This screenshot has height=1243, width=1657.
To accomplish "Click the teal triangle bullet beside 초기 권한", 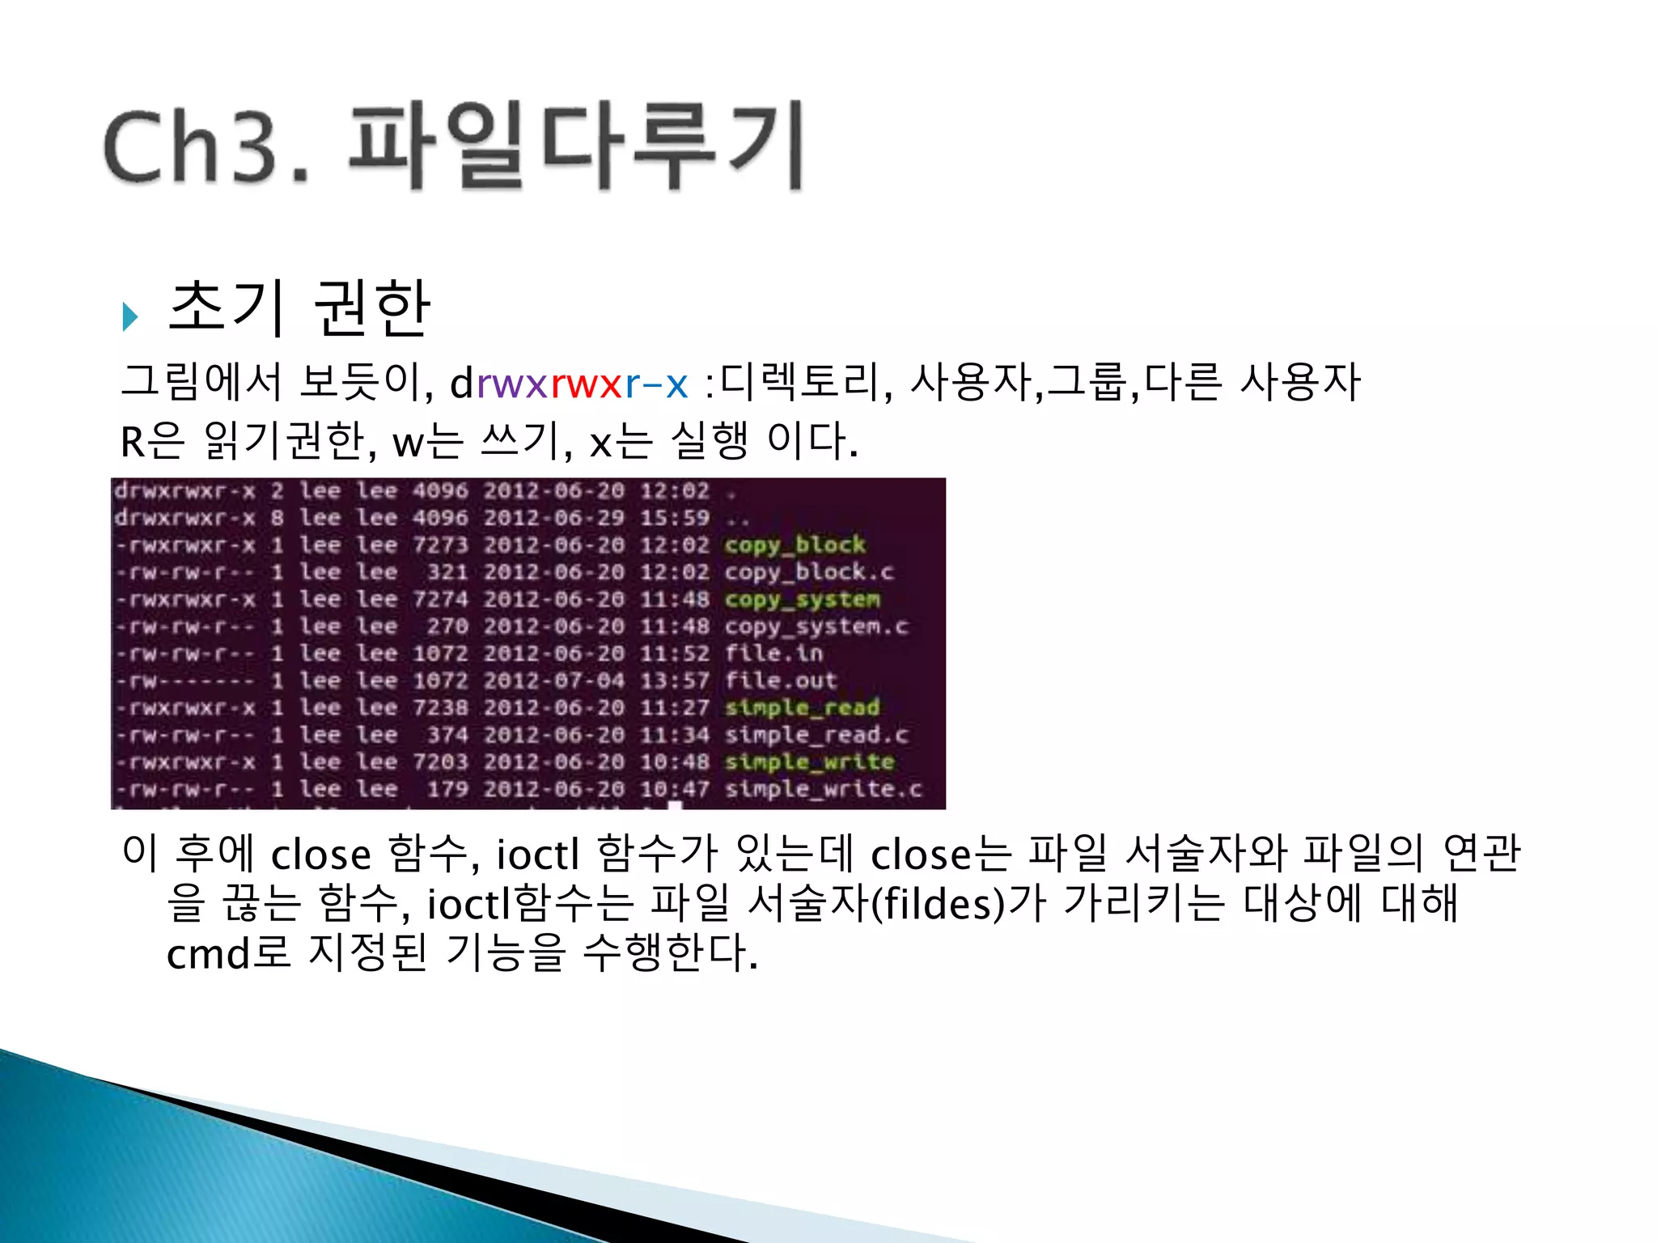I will pos(129,316).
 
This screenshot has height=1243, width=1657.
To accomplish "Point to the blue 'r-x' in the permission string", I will pos(656,383).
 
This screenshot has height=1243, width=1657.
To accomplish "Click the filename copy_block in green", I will pos(795,545).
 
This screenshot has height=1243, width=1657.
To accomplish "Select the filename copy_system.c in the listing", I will pos(816,626).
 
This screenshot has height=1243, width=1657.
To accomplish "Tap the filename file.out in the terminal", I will pos(780,681).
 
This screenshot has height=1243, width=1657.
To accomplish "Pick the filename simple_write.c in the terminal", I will pos(823,789).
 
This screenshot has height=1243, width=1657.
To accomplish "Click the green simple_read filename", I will pos(801,708).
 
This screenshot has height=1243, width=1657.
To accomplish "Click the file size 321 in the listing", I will pos(447,572).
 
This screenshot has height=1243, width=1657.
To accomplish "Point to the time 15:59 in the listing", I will pos(675,518).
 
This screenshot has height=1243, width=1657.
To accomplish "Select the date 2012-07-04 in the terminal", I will pos(554,681).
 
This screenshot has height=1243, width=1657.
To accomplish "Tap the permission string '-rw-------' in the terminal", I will pos(184,681).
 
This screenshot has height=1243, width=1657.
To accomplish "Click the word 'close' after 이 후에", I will pos(320,855).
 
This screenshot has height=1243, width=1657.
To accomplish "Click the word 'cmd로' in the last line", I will pos(228,952).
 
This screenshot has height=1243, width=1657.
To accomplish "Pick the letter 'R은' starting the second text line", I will pos(152,442).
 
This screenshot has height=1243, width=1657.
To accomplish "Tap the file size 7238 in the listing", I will pos(440,708).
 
